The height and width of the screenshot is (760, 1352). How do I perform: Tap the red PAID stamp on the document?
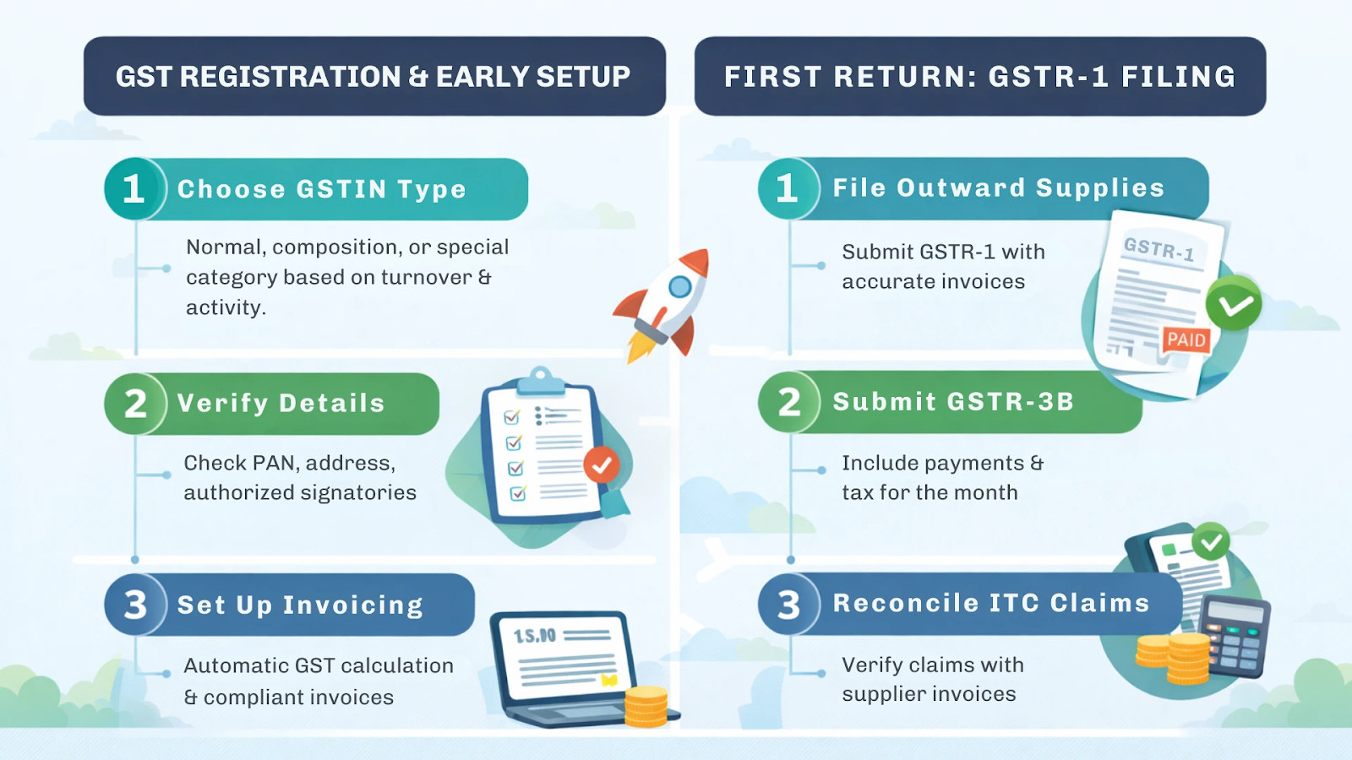click(x=1186, y=339)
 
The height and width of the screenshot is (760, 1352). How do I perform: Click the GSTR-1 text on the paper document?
click(x=1158, y=249)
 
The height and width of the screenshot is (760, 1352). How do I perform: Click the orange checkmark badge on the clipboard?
click(x=602, y=465)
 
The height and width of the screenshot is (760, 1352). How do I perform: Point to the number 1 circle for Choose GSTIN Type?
click(x=134, y=188)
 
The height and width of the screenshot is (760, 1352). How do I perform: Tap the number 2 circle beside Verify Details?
click(x=134, y=404)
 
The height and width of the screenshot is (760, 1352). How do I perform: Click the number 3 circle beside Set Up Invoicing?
click(x=134, y=605)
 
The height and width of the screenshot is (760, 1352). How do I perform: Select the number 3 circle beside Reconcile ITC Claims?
click(x=788, y=604)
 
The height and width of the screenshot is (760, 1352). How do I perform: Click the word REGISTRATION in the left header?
click(x=290, y=77)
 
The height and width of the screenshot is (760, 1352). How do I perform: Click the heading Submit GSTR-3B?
click(x=953, y=402)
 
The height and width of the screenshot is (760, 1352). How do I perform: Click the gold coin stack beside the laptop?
click(x=646, y=707)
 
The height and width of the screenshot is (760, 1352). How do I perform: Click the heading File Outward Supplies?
click(x=998, y=187)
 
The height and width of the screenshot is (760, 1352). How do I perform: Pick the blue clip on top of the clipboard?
click(x=541, y=381)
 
